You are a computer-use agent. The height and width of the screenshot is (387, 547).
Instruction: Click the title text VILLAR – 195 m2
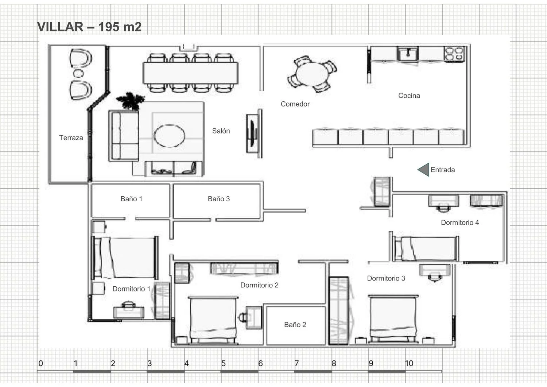click(x=89, y=27)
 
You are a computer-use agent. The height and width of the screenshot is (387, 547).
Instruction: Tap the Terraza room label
click(x=71, y=138)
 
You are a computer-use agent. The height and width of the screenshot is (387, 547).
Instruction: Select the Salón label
click(x=221, y=131)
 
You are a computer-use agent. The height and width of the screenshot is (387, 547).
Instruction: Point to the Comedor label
click(x=295, y=104)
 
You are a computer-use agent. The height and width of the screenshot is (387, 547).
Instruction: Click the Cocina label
click(x=409, y=96)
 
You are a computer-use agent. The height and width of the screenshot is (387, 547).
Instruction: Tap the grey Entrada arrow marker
click(x=423, y=170)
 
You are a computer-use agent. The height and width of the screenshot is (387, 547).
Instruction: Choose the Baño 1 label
click(x=131, y=199)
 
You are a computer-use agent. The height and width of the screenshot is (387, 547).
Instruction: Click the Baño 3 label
click(x=219, y=199)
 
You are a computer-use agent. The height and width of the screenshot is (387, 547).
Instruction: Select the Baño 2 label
click(x=295, y=325)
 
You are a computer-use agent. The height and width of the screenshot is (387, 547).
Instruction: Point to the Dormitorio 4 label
click(x=460, y=222)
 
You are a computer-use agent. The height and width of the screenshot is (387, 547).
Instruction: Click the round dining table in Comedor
click(x=312, y=74)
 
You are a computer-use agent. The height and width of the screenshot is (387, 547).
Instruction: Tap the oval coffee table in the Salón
click(x=169, y=136)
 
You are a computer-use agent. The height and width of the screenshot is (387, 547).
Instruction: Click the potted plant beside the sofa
click(x=131, y=101)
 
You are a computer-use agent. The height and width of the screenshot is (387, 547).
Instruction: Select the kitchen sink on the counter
click(x=408, y=54)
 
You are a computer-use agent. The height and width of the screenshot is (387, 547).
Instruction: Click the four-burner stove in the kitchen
click(x=454, y=54)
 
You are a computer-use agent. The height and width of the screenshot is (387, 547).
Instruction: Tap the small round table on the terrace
click(x=78, y=73)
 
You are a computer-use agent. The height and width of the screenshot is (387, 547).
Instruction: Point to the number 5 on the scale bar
click(x=224, y=364)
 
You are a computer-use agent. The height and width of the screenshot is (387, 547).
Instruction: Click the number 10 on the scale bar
click(x=409, y=364)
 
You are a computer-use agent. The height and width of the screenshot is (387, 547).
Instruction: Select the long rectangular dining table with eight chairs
click(x=190, y=73)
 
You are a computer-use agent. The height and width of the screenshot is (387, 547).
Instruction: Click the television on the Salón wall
click(x=252, y=133)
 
